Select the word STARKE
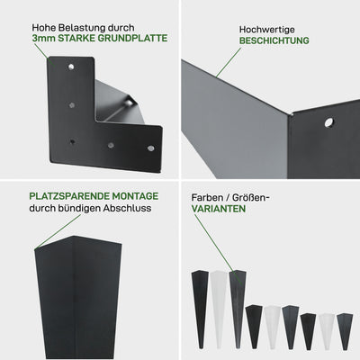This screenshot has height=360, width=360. click(75, 39)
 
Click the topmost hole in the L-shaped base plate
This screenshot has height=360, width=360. click(71, 67)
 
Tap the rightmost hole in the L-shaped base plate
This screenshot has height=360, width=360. click(151, 148)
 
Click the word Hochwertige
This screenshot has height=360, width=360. click(267, 30)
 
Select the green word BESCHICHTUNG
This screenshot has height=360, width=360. click(274, 40)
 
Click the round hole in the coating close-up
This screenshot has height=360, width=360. click(329, 122)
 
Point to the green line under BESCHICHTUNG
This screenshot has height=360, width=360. click(229, 62)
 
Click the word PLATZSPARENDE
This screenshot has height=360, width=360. click(69, 196)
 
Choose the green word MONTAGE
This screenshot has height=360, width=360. click(135, 196)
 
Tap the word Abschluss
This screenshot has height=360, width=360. click(127, 208)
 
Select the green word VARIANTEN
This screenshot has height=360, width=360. click(219, 209)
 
